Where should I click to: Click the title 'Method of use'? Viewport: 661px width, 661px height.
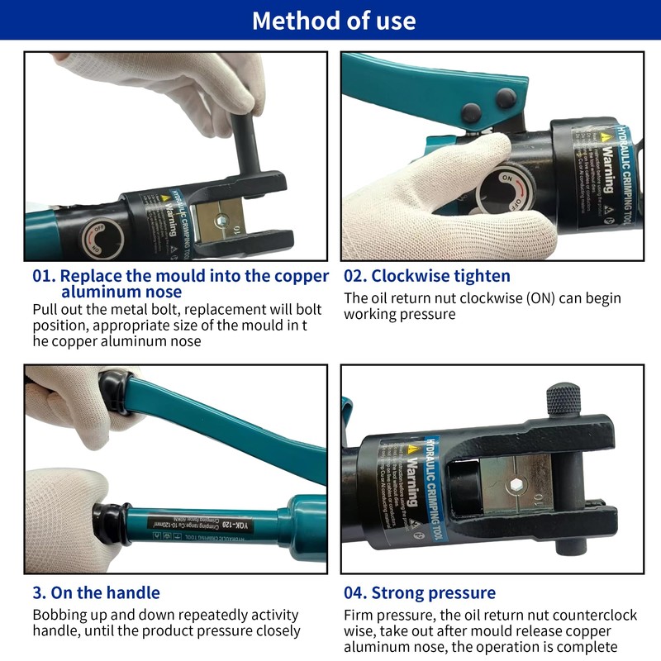pyautogui.click(x=334, y=20)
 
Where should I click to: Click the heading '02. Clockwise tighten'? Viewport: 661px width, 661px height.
pyautogui.click(x=427, y=276)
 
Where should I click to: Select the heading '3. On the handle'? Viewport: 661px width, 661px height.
pyautogui.click(x=96, y=592)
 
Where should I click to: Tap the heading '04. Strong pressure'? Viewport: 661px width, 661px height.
pyautogui.click(x=420, y=592)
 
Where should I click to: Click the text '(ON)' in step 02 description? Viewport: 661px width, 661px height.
pyautogui.click(x=543, y=298)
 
